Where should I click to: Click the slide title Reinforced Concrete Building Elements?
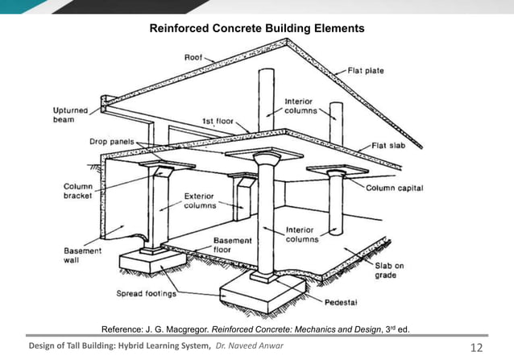(257, 28)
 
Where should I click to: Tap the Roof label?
(194, 58)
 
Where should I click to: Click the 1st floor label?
(218, 122)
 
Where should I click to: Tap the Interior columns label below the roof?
(303, 106)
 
